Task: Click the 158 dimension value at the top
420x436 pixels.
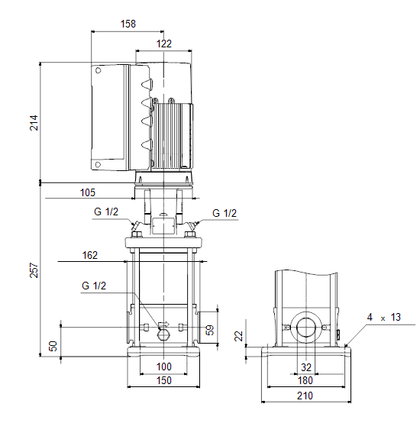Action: point(128,24)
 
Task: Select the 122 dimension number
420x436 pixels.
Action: point(164,44)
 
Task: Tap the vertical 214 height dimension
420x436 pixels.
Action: point(34,123)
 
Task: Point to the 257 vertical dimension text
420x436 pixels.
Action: point(34,270)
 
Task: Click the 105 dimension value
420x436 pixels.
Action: point(88,192)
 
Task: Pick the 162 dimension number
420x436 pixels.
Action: point(90,255)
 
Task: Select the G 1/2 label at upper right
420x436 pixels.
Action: point(225,213)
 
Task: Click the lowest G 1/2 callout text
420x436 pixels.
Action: point(94,286)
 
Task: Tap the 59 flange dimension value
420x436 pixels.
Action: point(210,330)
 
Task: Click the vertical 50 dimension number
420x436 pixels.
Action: point(53,346)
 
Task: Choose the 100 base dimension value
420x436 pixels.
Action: point(164,367)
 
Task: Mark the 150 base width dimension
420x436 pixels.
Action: point(164,380)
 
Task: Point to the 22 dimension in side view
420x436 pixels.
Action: point(239,336)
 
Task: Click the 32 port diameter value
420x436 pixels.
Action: point(306,367)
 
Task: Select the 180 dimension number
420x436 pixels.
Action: point(305,380)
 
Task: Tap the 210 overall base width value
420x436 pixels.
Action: point(305,396)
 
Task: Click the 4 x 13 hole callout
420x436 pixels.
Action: point(384,317)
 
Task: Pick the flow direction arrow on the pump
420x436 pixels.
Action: point(163,324)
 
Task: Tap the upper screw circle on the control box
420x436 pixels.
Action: point(98,70)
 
